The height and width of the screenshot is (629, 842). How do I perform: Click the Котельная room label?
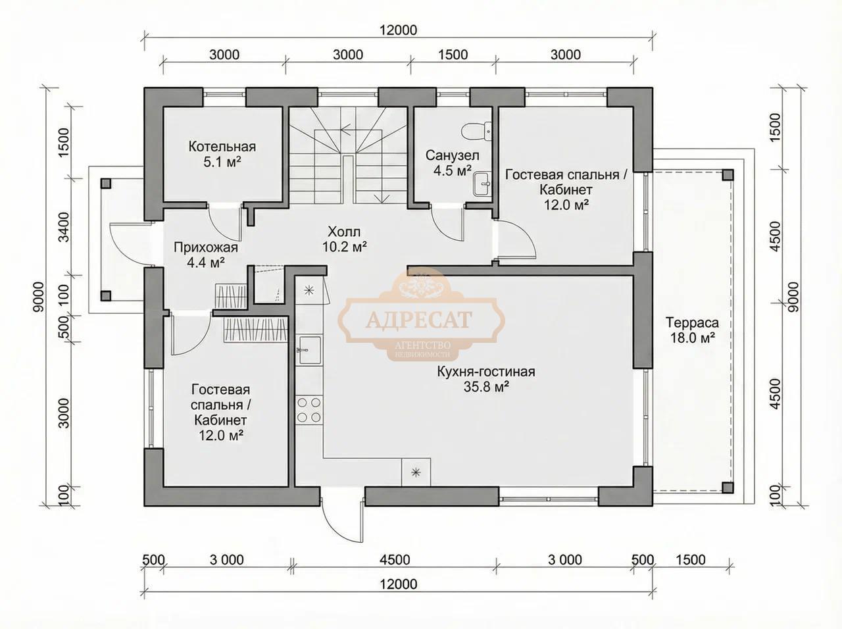pos(222,147)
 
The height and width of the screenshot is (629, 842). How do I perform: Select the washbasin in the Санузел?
pos(482,184)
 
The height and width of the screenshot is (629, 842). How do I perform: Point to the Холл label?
pos(344,232)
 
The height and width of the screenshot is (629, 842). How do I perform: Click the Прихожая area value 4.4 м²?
pos(206,263)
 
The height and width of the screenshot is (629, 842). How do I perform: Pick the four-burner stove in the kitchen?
pos(309,410)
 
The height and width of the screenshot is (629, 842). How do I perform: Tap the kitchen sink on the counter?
pos(309,349)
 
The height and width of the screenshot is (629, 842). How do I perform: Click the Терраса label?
pos(692,323)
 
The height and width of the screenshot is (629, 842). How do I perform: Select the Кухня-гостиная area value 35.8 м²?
pos(486,387)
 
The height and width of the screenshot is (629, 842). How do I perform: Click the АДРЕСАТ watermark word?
pos(419,319)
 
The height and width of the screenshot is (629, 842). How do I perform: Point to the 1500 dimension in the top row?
pos(453,55)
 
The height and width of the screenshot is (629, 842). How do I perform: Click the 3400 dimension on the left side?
pos(64,227)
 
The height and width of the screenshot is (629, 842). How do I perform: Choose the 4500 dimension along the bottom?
pos(395,559)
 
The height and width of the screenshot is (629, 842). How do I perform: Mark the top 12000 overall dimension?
pos(398,30)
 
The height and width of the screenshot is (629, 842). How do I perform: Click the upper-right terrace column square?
pos(728,175)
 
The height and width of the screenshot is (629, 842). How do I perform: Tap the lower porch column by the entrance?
pos(106,295)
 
